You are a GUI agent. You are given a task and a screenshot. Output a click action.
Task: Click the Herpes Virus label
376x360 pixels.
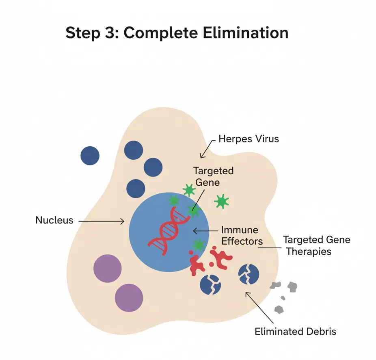(x=249, y=139)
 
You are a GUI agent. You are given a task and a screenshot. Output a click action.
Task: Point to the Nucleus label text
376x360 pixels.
(x=54, y=220)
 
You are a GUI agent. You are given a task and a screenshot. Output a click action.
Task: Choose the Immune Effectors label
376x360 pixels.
(x=242, y=235)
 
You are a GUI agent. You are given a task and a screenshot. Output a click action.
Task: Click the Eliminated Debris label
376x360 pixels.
(x=295, y=331)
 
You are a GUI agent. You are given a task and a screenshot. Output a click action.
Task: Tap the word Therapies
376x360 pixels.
(x=309, y=251)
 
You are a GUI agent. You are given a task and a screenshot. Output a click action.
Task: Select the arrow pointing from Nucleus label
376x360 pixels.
(x=101, y=221)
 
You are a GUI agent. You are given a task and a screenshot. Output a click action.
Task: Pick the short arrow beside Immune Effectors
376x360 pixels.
(x=205, y=230)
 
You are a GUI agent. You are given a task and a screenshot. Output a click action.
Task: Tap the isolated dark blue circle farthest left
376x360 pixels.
(x=90, y=156)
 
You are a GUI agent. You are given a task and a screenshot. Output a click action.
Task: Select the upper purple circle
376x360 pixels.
(x=108, y=269)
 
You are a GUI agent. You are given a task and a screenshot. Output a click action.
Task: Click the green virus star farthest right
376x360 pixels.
(x=221, y=201)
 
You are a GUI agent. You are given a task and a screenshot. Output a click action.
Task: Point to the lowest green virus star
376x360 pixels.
(x=198, y=245)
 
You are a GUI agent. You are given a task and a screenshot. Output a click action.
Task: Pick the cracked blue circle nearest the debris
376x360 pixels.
(x=249, y=274)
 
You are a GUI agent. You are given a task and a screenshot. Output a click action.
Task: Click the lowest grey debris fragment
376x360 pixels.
(x=279, y=309)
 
